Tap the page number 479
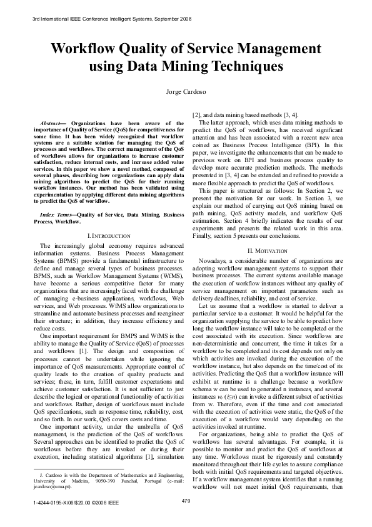186,500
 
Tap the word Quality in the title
151,49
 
